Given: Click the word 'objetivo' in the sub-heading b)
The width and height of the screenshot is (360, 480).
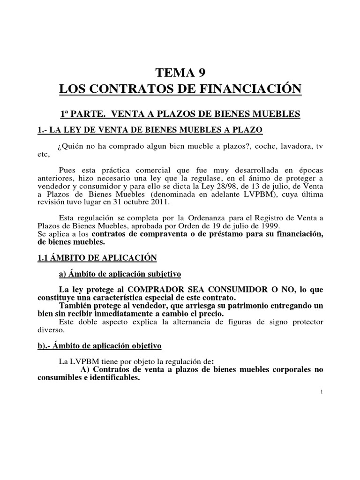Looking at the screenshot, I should [x=143, y=346].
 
